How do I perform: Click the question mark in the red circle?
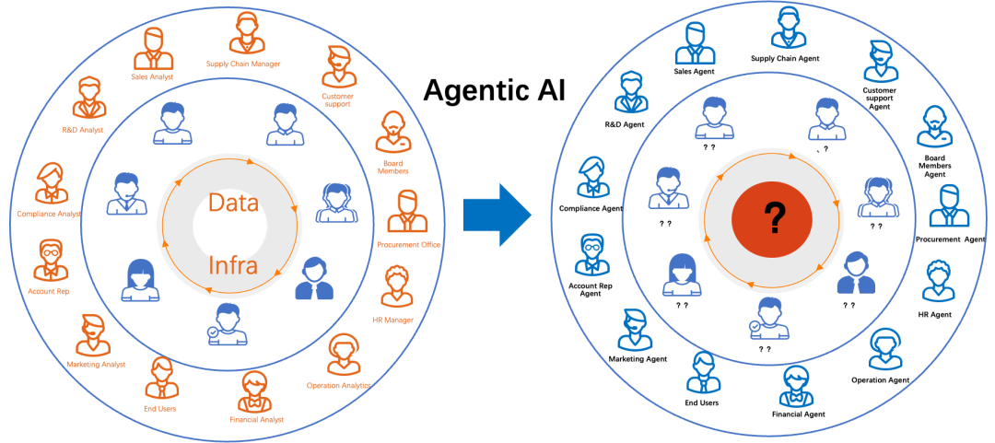[772, 218]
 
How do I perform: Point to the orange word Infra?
[232, 267]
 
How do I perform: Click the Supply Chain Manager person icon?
[245, 36]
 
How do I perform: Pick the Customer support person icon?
[338, 67]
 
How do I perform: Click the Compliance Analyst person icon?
[51, 182]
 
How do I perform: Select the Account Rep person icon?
[49, 261]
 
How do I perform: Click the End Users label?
[161, 408]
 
